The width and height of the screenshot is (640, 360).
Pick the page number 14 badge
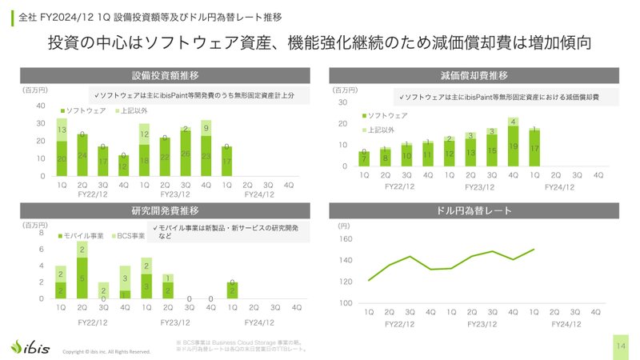[x=621, y=346]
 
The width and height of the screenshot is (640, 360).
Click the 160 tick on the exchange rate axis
[x=345, y=239]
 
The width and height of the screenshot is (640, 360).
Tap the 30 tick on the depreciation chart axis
[x=343, y=102]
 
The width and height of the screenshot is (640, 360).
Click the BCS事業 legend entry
[x=128, y=236]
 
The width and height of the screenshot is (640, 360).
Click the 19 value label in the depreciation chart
[x=513, y=146]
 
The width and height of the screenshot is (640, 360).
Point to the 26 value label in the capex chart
[x=186, y=154]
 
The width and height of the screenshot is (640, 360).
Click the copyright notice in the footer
[x=106, y=351]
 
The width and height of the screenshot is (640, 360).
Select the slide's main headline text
[x=320, y=42]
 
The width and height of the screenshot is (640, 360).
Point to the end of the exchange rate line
[x=534, y=250]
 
